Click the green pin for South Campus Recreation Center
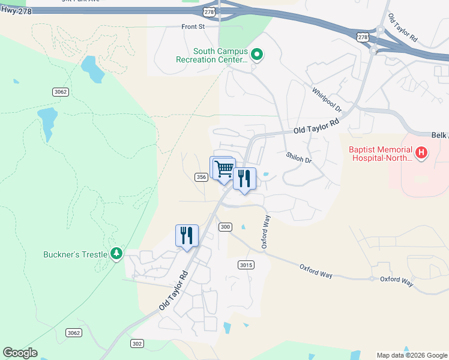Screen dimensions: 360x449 click(257, 55)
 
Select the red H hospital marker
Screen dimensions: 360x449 click(421, 153)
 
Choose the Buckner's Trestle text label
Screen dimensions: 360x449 click(75, 254)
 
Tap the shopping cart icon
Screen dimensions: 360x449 click(224, 169)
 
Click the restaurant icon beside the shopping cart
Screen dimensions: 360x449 click(244, 179)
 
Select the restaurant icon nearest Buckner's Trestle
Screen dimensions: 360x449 click(187, 235)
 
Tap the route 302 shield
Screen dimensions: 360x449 click(137, 343)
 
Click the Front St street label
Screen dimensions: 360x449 click(193, 26)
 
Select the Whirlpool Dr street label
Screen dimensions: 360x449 click(326, 101)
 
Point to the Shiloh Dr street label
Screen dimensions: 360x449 click(299, 159)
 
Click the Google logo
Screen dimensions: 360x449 click(20, 353)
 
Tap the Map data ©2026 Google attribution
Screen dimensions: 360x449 click(412, 355)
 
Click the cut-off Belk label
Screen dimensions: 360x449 click(440, 136)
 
